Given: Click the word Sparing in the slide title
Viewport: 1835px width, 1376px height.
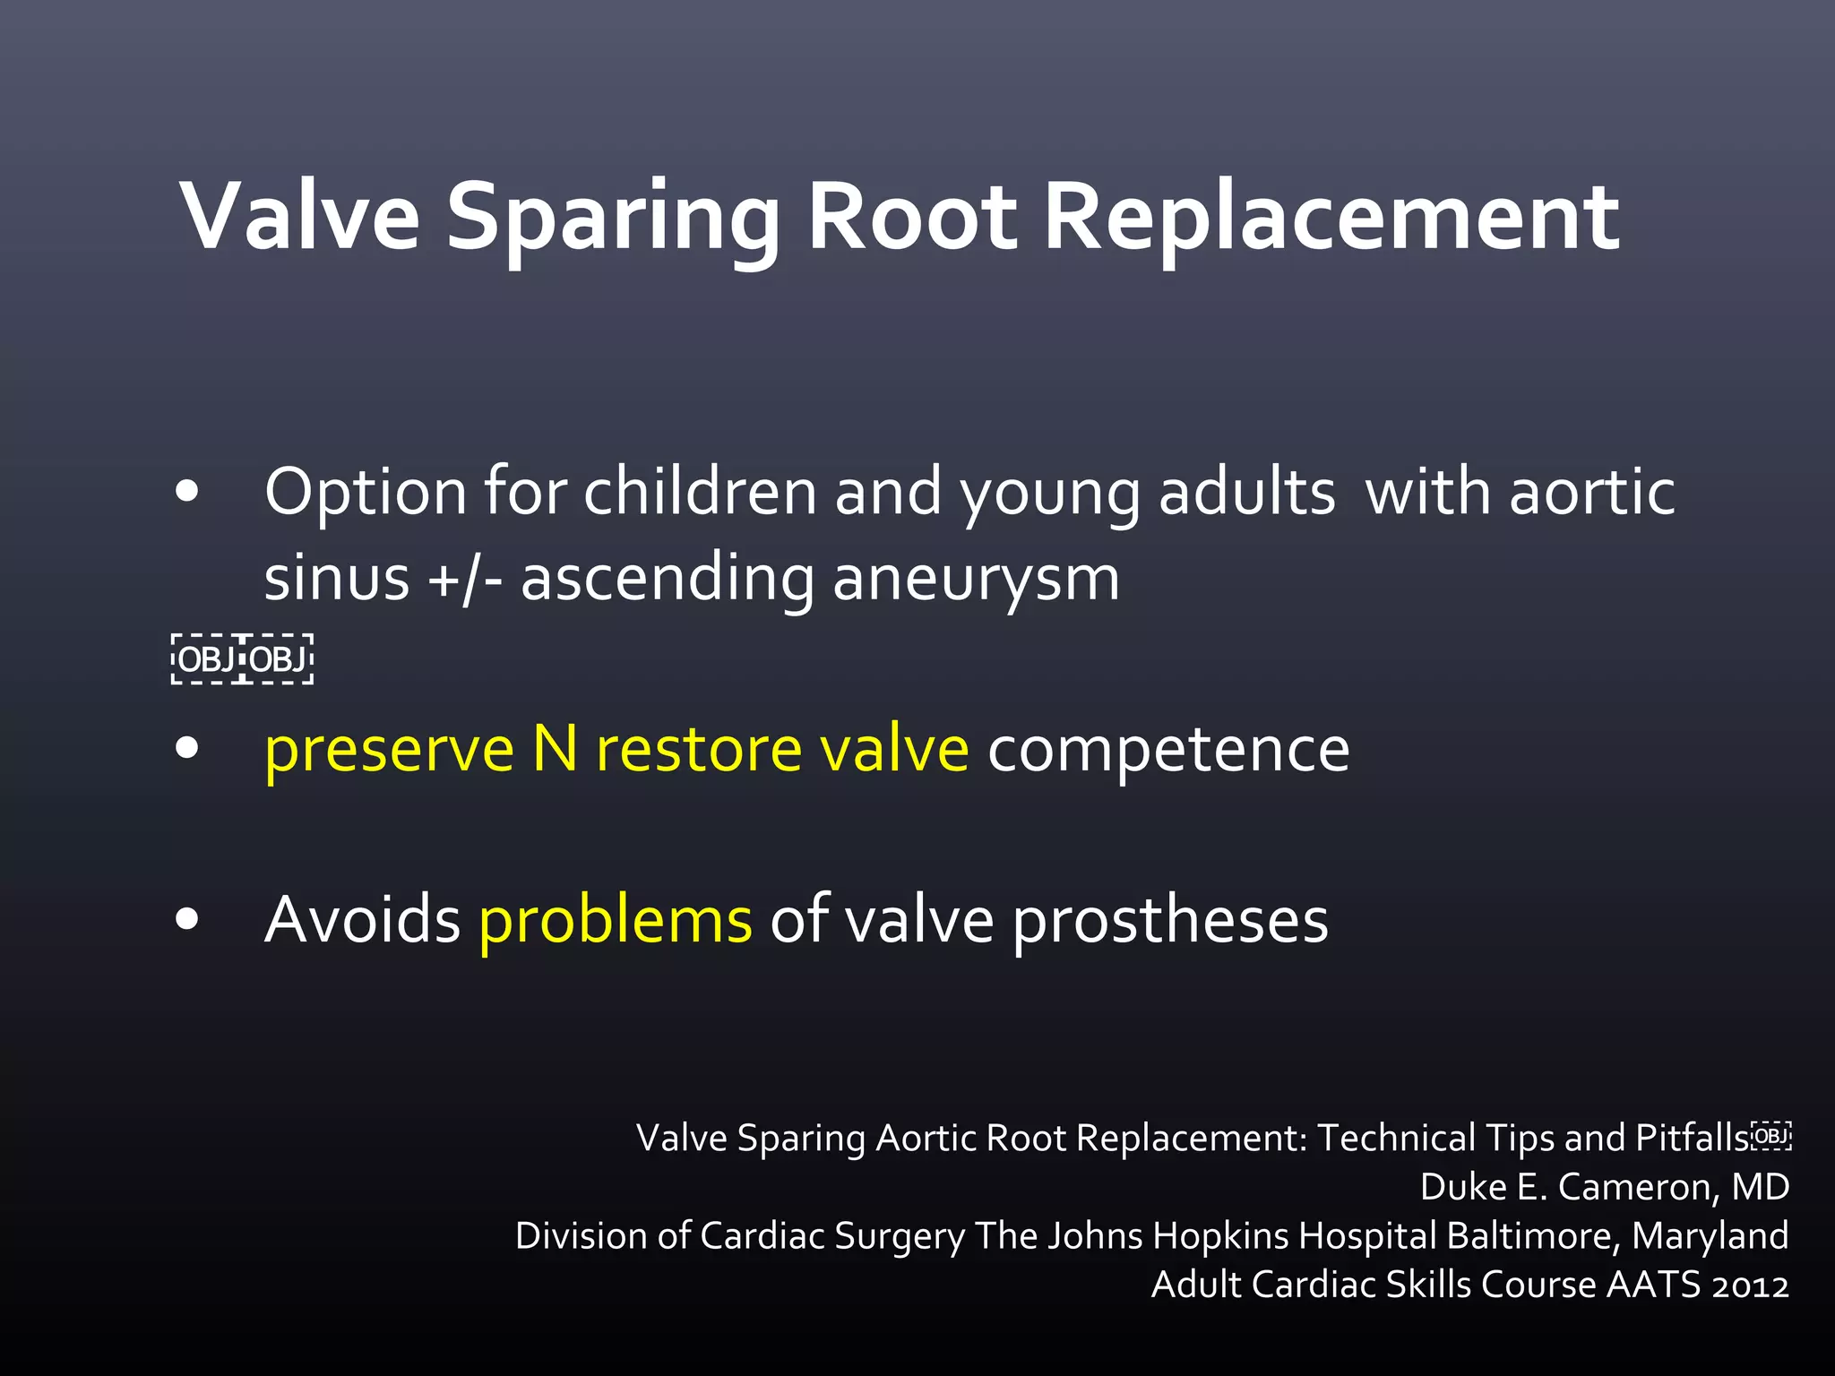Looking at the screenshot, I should click(x=613, y=218).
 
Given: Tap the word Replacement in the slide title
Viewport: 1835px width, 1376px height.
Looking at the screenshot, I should click(x=1331, y=218).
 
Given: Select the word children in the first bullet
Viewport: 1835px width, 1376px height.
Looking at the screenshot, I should click(x=700, y=493).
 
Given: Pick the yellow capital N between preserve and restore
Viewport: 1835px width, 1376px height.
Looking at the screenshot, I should click(x=555, y=749).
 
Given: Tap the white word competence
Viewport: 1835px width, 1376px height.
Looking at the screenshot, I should click(x=1167, y=749).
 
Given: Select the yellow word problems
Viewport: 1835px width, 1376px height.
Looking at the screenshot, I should click(x=615, y=921).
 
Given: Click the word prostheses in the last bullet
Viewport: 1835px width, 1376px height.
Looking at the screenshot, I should click(x=1170, y=921).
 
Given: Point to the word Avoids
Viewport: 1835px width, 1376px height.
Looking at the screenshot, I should click(x=362, y=919).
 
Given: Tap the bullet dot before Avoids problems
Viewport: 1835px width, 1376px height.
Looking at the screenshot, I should click(x=187, y=919).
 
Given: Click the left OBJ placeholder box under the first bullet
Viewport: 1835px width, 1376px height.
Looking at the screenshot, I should click(x=206, y=659).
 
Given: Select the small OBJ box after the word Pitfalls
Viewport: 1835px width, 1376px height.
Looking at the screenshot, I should click(x=1770, y=1137).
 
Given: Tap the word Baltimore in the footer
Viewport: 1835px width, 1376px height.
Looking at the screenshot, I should click(x=1534, y=1236).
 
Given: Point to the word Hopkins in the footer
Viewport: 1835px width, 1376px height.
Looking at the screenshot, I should click(x=1220, y=1236).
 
